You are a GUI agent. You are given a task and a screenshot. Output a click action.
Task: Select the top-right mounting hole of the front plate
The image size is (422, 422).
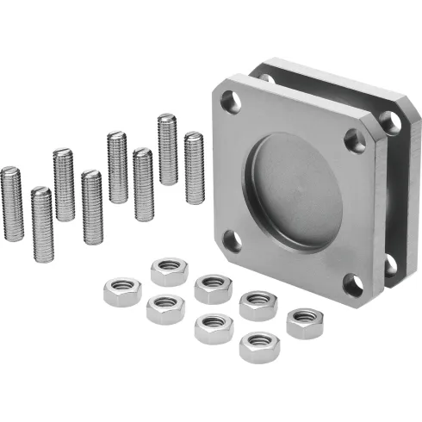[x=354, y=139]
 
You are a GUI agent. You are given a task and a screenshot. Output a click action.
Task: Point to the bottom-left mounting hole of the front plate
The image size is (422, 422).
[x=231, y=240]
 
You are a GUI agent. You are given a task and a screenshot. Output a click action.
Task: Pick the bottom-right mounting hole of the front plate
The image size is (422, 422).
[x=352, y=285]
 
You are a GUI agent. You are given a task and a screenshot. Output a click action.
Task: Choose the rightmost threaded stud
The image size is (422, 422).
[x=194, y=167]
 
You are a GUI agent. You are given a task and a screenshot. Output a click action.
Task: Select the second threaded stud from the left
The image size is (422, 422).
[x=40, y=225]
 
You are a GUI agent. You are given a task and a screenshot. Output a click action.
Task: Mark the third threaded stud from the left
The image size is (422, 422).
[x=64, y=184]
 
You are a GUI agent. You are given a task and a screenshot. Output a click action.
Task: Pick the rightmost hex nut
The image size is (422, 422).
[x=306, y=322]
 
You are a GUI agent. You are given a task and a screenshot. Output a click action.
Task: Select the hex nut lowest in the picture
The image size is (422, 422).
[x=258, y=346]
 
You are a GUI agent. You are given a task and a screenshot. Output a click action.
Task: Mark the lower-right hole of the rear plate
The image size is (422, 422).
[x=391, y=263]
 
